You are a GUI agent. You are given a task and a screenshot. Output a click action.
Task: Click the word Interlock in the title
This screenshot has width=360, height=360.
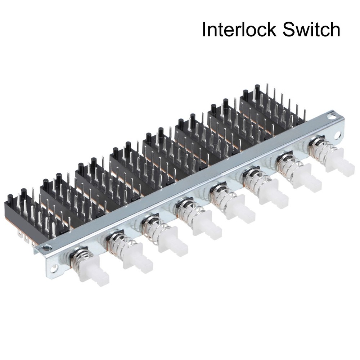tap(239, 30)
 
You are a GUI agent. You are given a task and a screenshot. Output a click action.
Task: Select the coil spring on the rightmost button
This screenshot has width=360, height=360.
tap(320, 147)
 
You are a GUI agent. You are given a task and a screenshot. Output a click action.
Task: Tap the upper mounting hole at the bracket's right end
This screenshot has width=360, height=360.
tap(330, 116)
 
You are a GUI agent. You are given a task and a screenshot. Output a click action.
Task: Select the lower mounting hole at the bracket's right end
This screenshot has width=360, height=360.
tap(337, 136)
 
